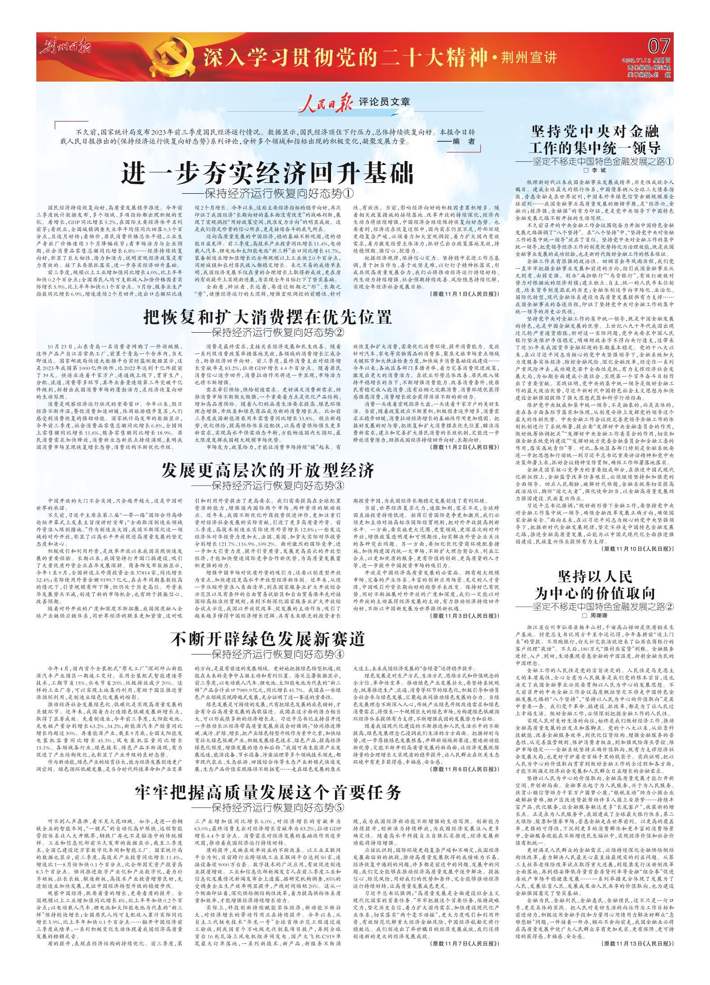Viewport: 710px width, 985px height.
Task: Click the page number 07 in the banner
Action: (659, 46)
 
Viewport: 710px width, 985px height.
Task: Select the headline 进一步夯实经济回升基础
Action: (267, 173)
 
